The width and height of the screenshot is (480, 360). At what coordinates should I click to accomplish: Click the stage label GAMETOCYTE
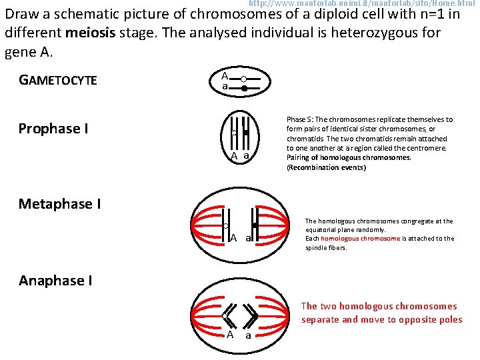58,81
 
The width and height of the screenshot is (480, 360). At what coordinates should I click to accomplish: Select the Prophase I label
53,129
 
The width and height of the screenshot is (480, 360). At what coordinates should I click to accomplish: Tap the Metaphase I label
60,203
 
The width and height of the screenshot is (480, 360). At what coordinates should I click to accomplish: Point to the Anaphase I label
55,281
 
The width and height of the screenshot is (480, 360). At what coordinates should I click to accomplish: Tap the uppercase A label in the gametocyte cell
225,75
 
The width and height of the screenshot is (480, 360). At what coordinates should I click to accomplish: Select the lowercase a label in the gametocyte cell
225,87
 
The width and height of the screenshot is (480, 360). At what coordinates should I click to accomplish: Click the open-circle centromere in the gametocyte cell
243,79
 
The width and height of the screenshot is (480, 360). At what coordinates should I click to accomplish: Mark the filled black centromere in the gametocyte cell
244,88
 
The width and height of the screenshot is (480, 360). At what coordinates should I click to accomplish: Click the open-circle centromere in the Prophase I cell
234,133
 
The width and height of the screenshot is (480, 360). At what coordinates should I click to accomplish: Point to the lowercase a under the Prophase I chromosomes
246,156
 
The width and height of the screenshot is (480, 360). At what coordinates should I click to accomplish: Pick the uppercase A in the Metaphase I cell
233,238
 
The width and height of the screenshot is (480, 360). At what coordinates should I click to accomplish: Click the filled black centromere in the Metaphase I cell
255,225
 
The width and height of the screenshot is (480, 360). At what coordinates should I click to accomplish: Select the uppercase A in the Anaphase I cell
230,335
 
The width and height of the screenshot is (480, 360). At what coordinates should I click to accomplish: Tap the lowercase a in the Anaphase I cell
248,336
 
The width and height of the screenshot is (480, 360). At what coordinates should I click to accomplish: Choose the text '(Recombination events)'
326,167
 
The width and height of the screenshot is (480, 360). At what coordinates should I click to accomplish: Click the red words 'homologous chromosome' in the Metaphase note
360,239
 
